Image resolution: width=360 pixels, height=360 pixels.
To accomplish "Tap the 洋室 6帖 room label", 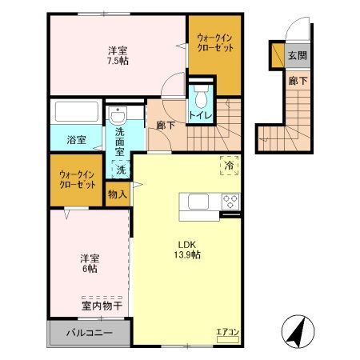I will click(90, 264).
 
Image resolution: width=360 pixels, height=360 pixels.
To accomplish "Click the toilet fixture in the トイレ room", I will click(200, 99).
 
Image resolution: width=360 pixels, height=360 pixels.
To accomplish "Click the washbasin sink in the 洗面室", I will click(119, 112).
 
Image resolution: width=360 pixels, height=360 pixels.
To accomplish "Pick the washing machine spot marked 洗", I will click(120, 169).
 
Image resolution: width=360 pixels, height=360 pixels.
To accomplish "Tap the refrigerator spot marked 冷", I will click(229, 166).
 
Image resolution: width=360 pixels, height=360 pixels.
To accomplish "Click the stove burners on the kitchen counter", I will click(230, 201).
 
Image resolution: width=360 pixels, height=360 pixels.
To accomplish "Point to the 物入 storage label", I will click(116, 194).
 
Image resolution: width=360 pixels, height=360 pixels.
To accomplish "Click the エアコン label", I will click(228, 331).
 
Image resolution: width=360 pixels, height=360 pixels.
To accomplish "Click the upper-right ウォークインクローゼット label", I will click(214, 42).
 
